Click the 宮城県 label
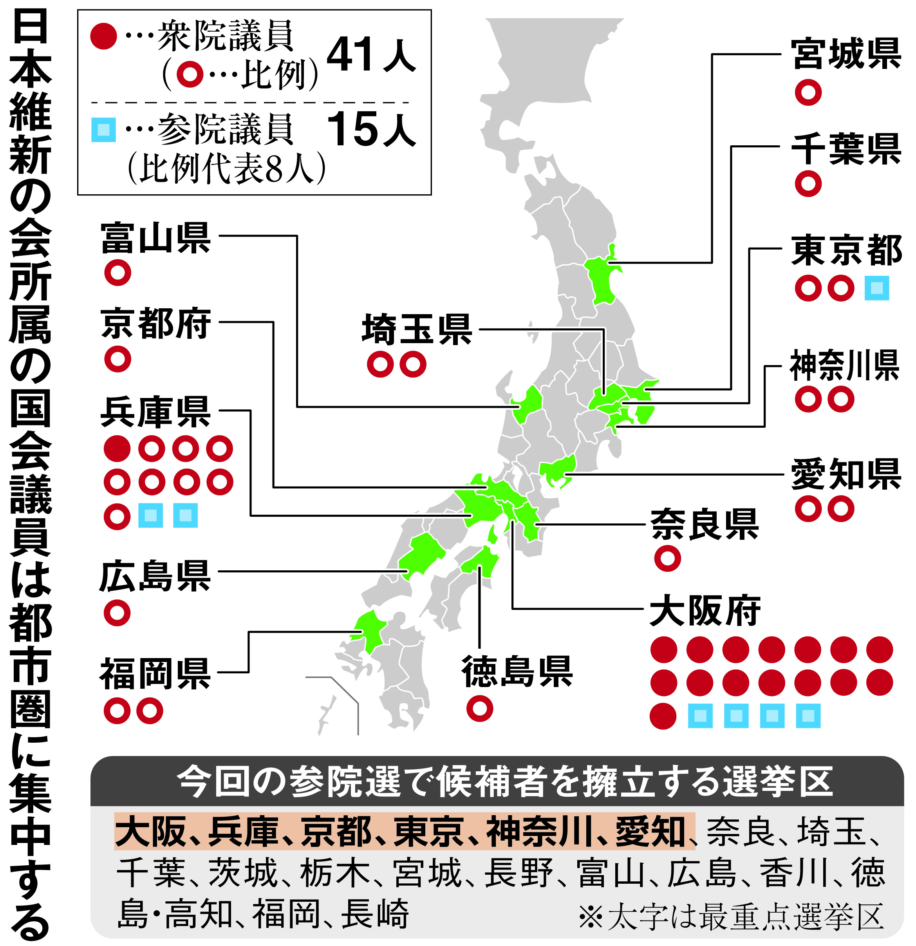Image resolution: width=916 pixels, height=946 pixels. [x=846, y=54]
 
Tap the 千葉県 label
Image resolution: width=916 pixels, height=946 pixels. [x=846, y=149]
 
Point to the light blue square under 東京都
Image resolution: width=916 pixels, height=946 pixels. [x=876, y=288]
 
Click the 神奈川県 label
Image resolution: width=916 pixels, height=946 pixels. [x=845, y=366]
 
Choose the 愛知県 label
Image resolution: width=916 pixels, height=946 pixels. [x=846, y=474]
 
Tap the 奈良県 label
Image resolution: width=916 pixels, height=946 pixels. [x=704, y=525]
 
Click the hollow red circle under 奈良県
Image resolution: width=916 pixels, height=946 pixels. [x=667, y=559]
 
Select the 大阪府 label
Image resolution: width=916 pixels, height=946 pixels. [x=705, y=611]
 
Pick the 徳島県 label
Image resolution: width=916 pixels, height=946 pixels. [x=517, y=671]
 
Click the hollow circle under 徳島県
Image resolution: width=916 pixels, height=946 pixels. [x=480, y=709]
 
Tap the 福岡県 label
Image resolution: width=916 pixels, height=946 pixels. [x=155, y=674]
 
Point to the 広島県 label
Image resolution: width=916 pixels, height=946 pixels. [x=155, y=576]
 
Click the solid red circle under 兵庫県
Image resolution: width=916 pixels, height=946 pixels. [x=117, y=449]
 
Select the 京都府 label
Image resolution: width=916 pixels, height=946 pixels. [x=155, y=324]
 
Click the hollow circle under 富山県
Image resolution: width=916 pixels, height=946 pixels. [x=117, y=273]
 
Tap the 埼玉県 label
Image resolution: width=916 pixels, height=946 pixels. [x=417, y=330]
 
